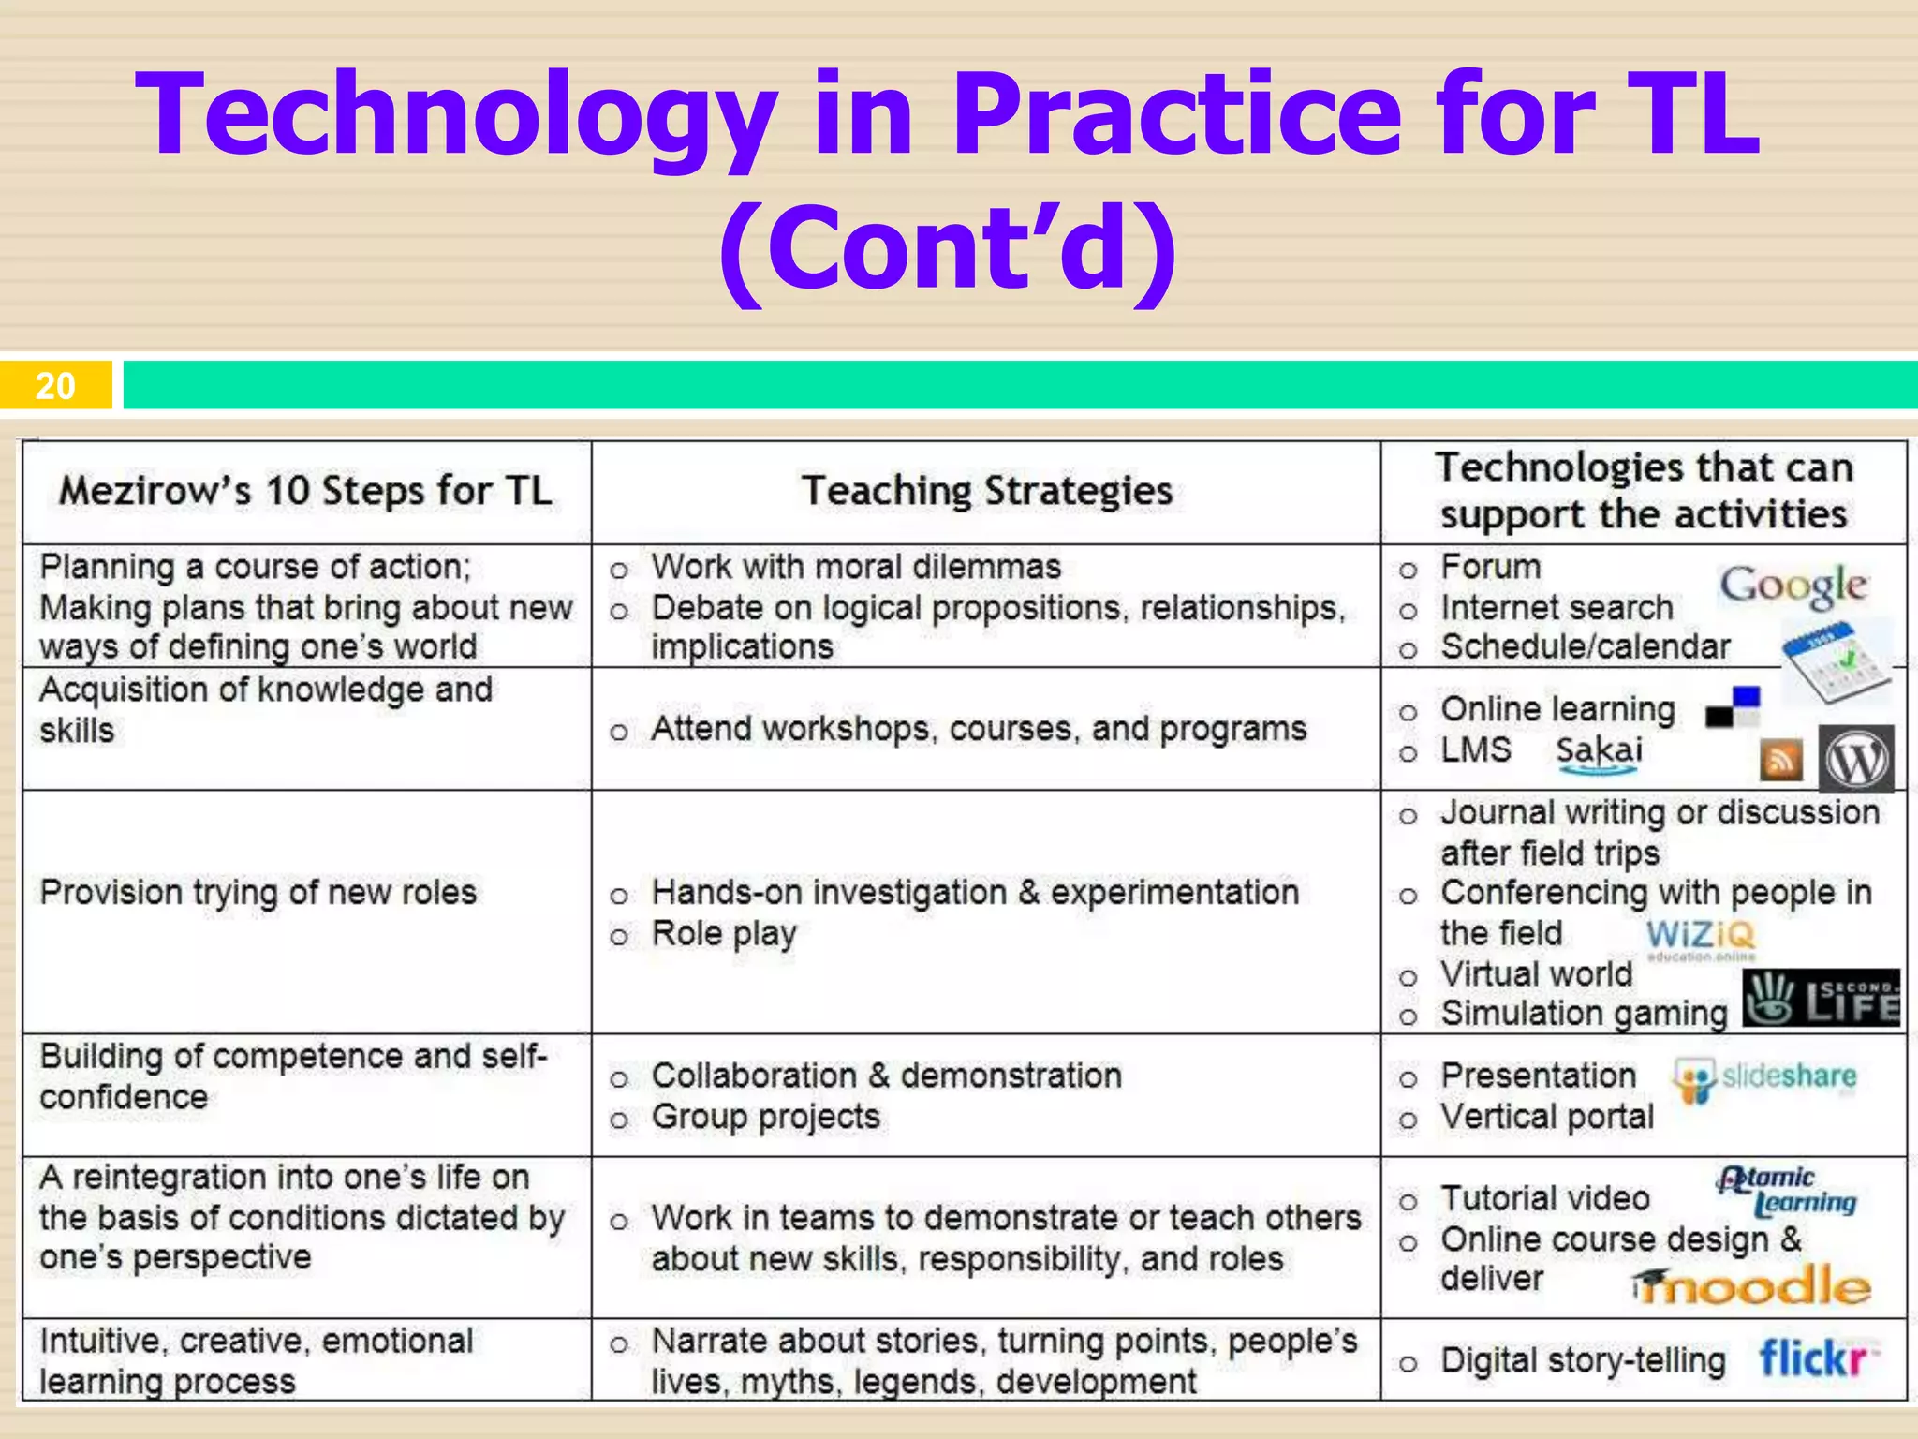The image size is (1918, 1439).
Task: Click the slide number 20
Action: coord(55,386)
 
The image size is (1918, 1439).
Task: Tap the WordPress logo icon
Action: coord(1856,760)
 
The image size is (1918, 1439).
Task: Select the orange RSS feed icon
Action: coord(1781,760)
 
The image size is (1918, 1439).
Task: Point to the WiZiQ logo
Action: coord(1701,937)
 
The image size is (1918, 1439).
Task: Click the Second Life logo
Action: coord(1822,1000)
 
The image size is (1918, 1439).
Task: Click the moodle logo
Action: coord(1751,1286)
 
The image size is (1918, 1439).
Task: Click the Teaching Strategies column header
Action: coord(987,491)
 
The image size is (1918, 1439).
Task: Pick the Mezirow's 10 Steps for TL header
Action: coord(305,491)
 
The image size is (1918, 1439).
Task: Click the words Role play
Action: coord(724,934)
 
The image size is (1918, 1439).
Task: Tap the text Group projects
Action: coord(765,1117)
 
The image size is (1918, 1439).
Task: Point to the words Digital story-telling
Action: coord(1583,1360)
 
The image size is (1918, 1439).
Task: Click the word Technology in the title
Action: coord(459,114)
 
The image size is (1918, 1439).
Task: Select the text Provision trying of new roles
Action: coord(258,893)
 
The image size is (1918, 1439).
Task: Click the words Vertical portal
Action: coord(1547,1117)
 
